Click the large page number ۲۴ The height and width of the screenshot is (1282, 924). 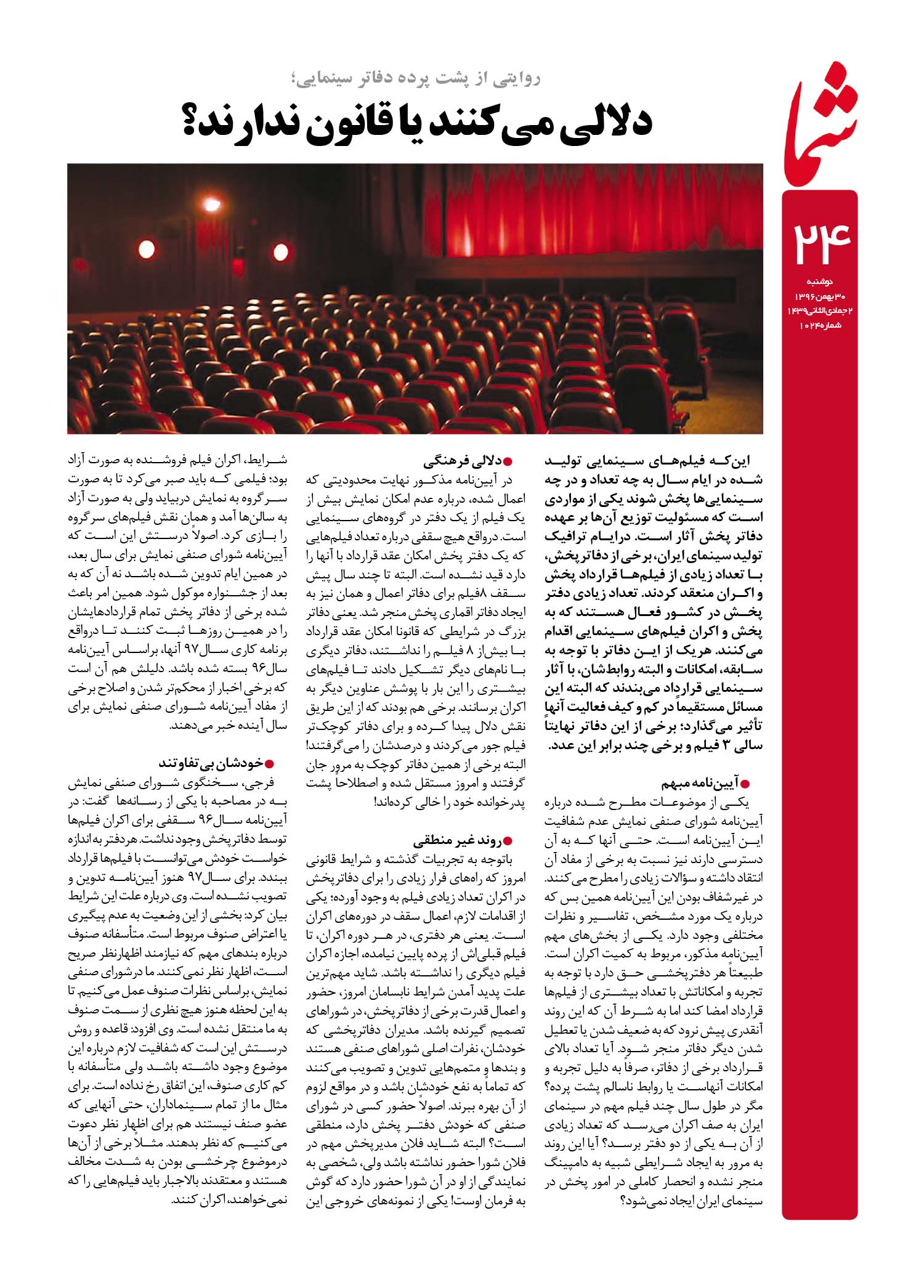tap(820, 243)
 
